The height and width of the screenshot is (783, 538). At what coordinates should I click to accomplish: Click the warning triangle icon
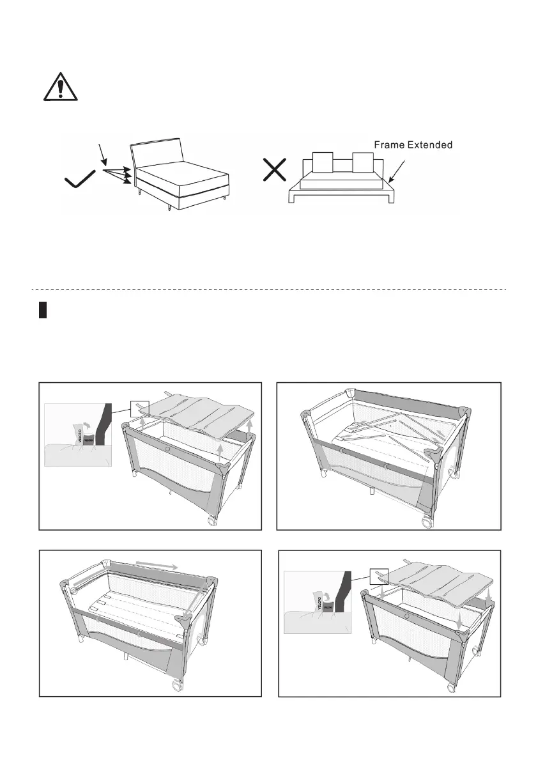coord(60,86)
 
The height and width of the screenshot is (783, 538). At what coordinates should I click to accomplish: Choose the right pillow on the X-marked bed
coord(362,163)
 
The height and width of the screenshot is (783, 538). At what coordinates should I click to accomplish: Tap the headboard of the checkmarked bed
coord(157,152)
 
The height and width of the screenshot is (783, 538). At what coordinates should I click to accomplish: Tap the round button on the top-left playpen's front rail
coord(168,450)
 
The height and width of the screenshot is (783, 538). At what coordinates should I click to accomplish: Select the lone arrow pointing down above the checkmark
coord(103,157)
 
